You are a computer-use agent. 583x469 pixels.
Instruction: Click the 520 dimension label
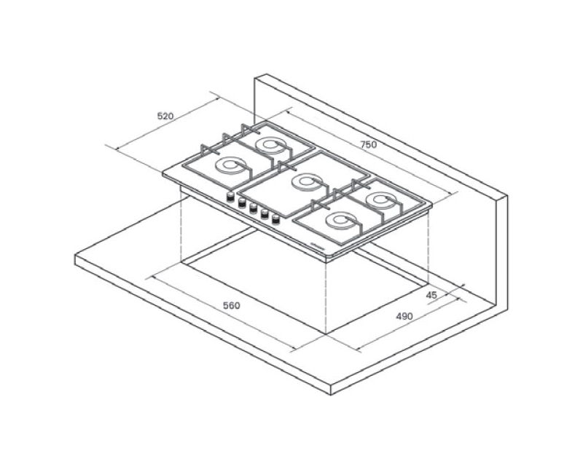point(165,116)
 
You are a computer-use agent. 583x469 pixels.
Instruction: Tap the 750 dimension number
point(369,145)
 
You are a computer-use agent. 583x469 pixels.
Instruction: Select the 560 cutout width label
point(232,305)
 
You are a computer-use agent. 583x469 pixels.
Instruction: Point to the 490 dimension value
point(404,316)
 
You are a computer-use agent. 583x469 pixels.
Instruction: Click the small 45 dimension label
point(431,295)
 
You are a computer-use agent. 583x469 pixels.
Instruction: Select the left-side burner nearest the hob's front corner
point(231,166)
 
